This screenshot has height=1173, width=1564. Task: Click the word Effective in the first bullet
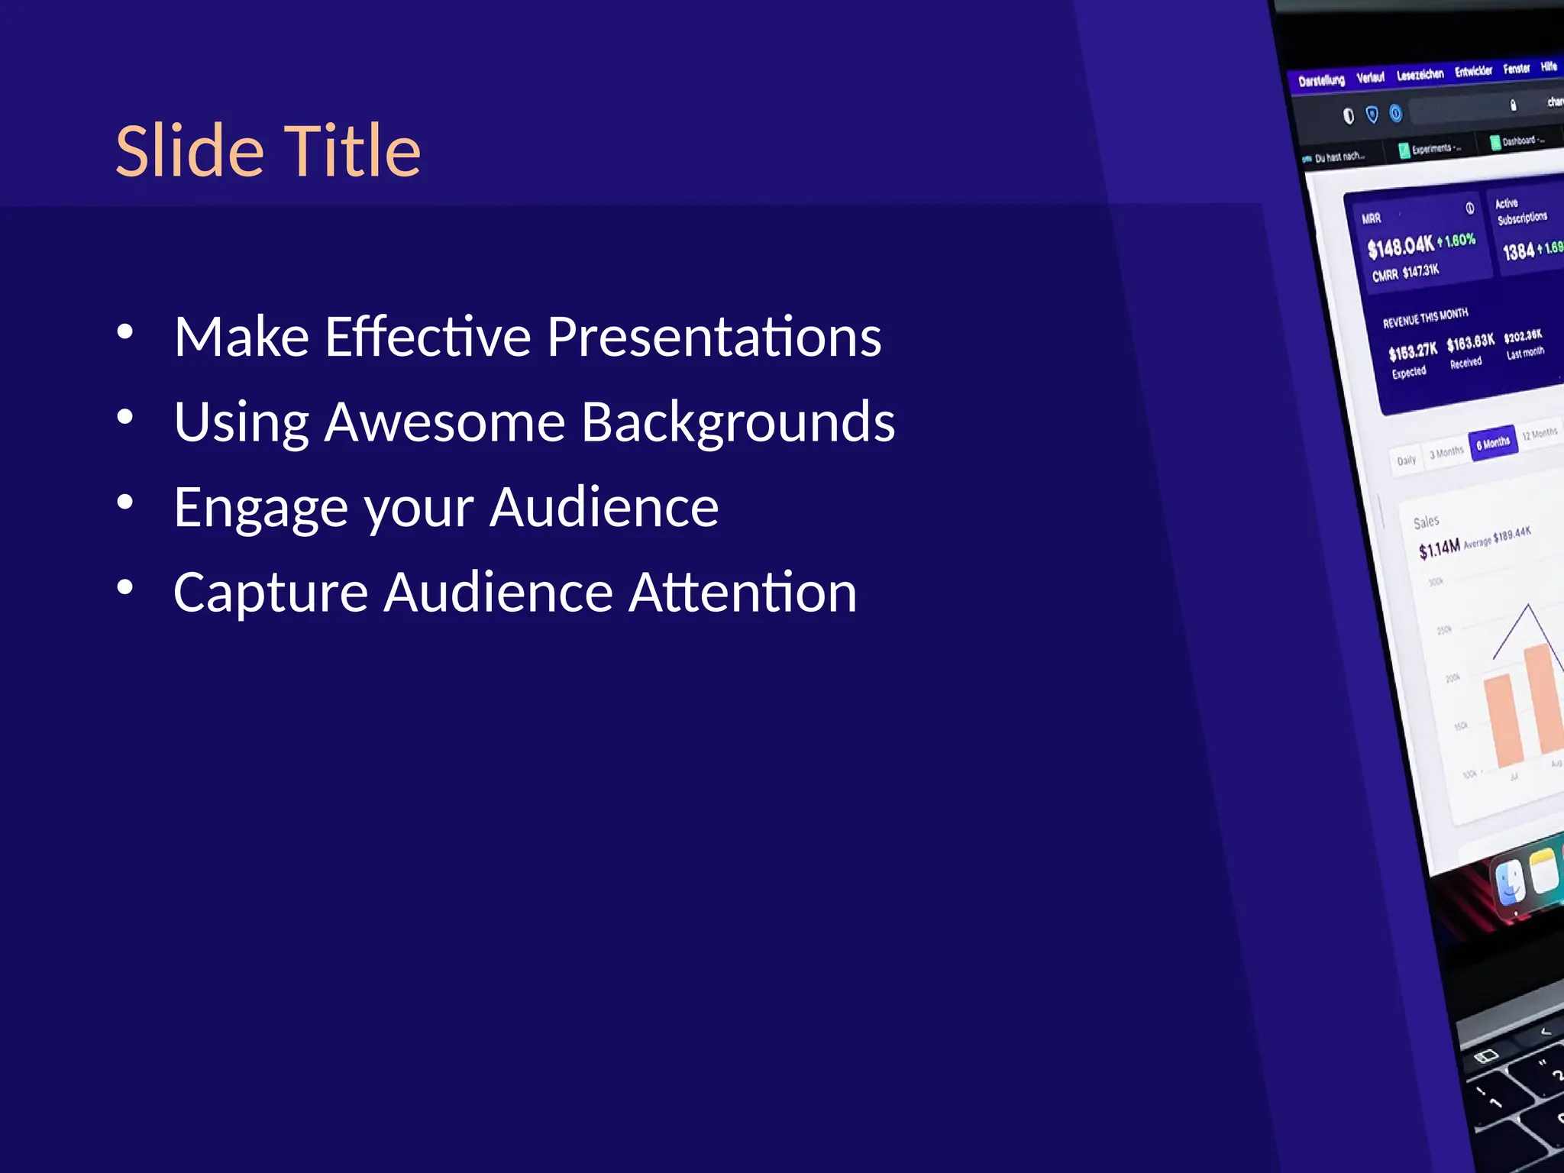pos(428,337)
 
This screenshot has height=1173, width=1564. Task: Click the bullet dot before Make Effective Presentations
pos(125,332)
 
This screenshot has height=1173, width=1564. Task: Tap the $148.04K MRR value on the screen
pos(1400,247)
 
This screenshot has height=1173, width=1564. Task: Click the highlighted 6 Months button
pos(1493,443)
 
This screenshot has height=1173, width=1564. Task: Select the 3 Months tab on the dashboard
pos(1446,452)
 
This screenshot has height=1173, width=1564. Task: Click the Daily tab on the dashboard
pos(1406,460)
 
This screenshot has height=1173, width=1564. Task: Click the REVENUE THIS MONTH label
pos(1425,318)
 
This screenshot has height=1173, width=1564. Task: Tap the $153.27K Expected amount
pos(1412,352)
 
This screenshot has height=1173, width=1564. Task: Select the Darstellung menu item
pos(1321,80)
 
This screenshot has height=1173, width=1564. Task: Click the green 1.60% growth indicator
pos(1459,241)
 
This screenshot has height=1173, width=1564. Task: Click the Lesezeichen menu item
pos(1420,74)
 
